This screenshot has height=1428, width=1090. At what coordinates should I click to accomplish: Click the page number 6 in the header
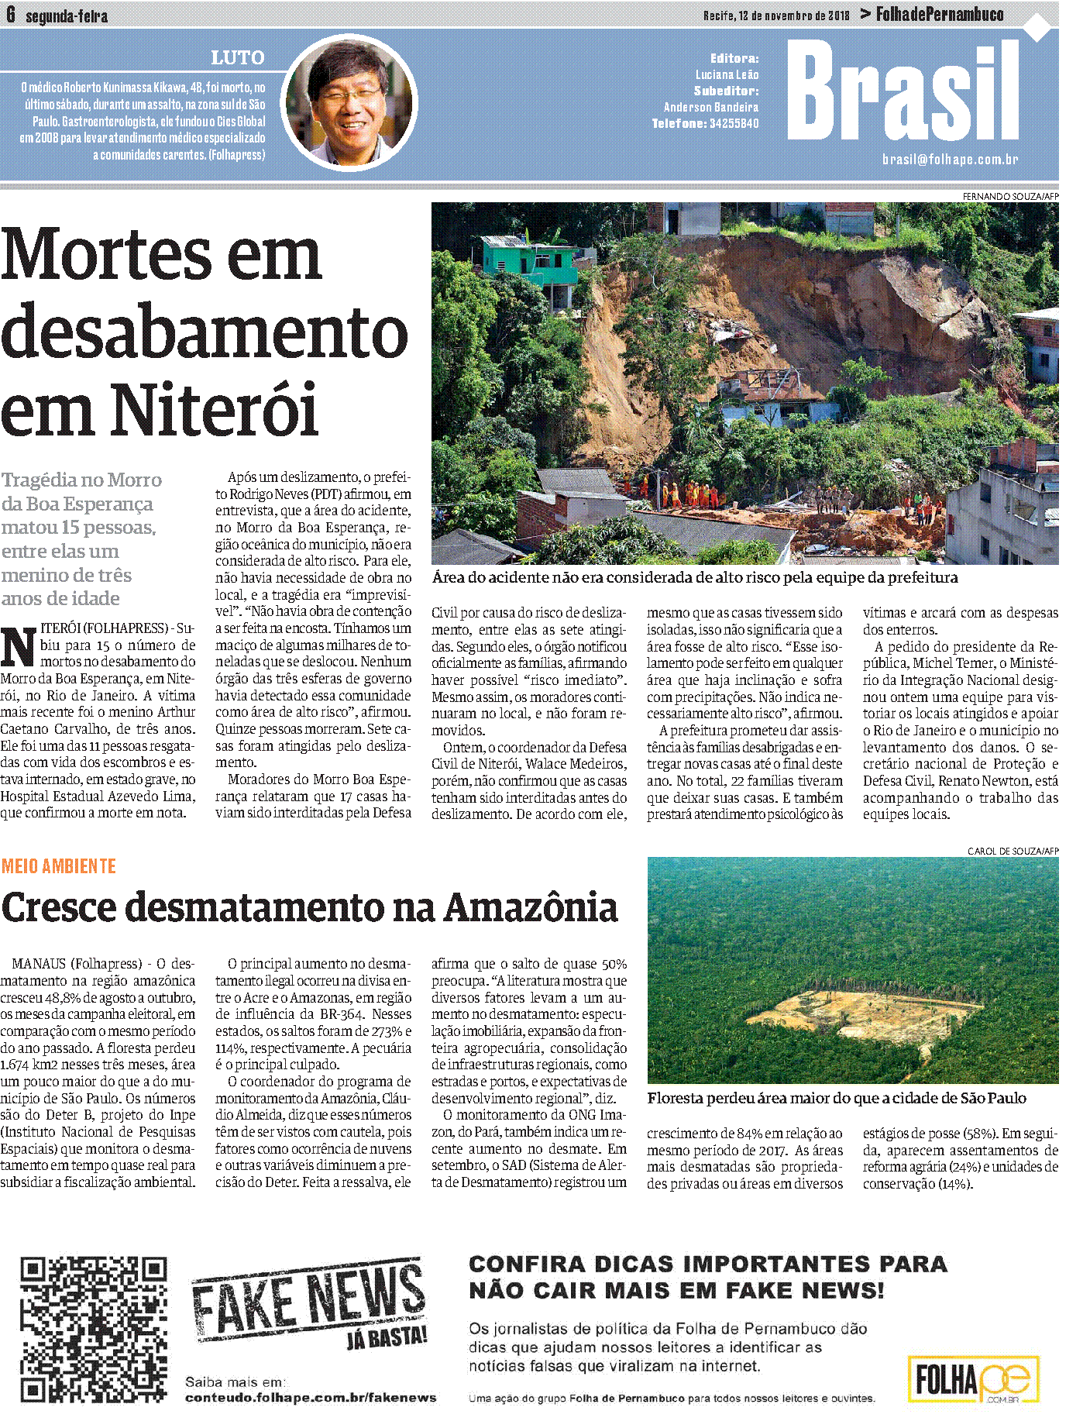pyautogui.click(x=10, y=15)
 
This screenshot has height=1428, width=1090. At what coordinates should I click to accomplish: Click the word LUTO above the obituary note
pyautogui.click(x=238, y=58)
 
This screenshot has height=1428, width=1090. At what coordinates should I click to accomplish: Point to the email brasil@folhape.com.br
pyautogui.click(x=950, y=160)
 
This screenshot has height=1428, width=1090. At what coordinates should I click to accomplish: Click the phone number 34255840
pyautogui.click(x=734, y=124)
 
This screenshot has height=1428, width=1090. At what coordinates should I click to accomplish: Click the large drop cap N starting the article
pyautogui.click(x=18, y=645)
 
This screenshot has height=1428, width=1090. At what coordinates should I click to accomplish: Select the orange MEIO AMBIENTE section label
pyautogui.click(x=59, y=866)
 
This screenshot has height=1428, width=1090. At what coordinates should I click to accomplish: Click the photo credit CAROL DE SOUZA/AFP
pyautogui.click(x=1013, y=851)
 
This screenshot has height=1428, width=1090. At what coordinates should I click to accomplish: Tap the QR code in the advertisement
pyautogui.click(x=94, y=1329)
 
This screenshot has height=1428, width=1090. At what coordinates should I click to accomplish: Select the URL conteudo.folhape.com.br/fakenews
pyautogui.click(x=311, y=1398)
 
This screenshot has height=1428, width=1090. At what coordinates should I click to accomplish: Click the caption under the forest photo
pyautogui.click(x=836, y=1099)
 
